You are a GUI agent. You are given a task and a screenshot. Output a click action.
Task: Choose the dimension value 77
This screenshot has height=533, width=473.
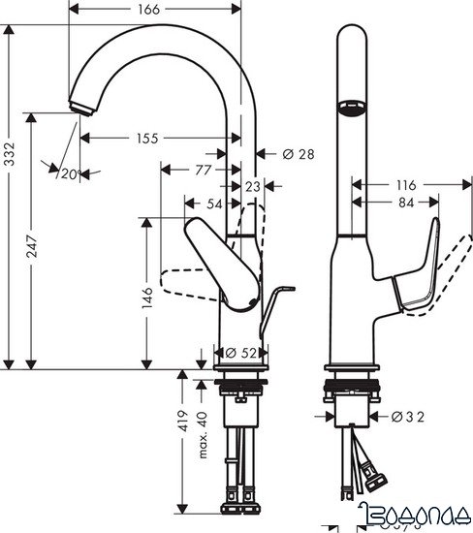(x=202, y=171)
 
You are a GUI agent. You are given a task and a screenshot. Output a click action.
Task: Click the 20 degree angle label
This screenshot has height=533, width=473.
(x=67, y=173)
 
